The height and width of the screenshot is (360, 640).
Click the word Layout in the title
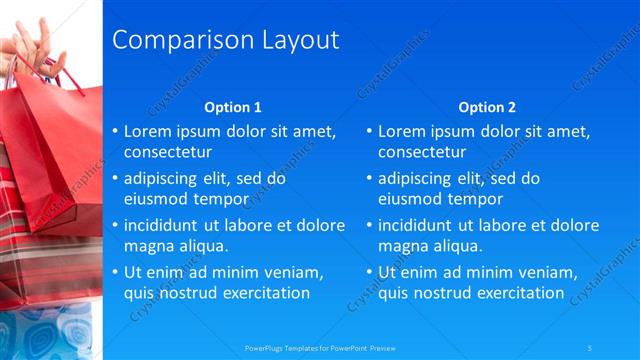298,40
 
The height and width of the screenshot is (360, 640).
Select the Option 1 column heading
233,107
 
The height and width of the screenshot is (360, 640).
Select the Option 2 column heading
487,107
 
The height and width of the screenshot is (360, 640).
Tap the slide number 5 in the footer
590,347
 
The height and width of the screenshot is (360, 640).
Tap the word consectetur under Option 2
421,153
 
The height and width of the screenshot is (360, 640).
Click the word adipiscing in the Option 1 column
165,179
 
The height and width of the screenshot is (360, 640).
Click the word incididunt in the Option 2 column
422,225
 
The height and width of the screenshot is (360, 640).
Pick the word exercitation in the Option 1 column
261,293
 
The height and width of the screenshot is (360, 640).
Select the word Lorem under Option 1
148,131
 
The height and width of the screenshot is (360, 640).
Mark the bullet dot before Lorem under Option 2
368,131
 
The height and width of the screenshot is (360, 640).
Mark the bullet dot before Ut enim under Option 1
114,272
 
